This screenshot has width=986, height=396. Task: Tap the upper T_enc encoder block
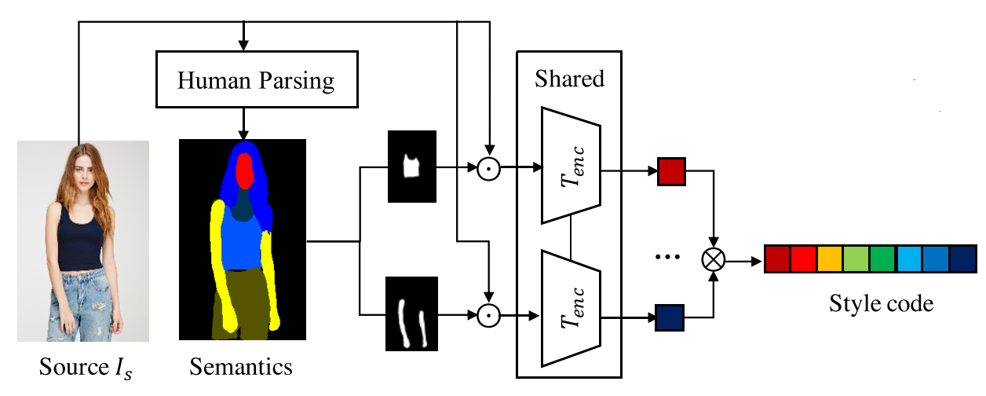[571, 165]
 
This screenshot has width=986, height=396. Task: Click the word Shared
[569, 79]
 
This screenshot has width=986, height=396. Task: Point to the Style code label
[881, 303]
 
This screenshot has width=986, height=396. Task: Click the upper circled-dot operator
[490, 167]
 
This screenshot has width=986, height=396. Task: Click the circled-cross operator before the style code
[714, 259]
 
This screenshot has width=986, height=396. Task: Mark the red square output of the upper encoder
[671, 170]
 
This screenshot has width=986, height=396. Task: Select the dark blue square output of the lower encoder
[671, 317]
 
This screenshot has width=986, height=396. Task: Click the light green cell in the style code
[856, 259]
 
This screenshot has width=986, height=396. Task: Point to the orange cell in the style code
[830, 259]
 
